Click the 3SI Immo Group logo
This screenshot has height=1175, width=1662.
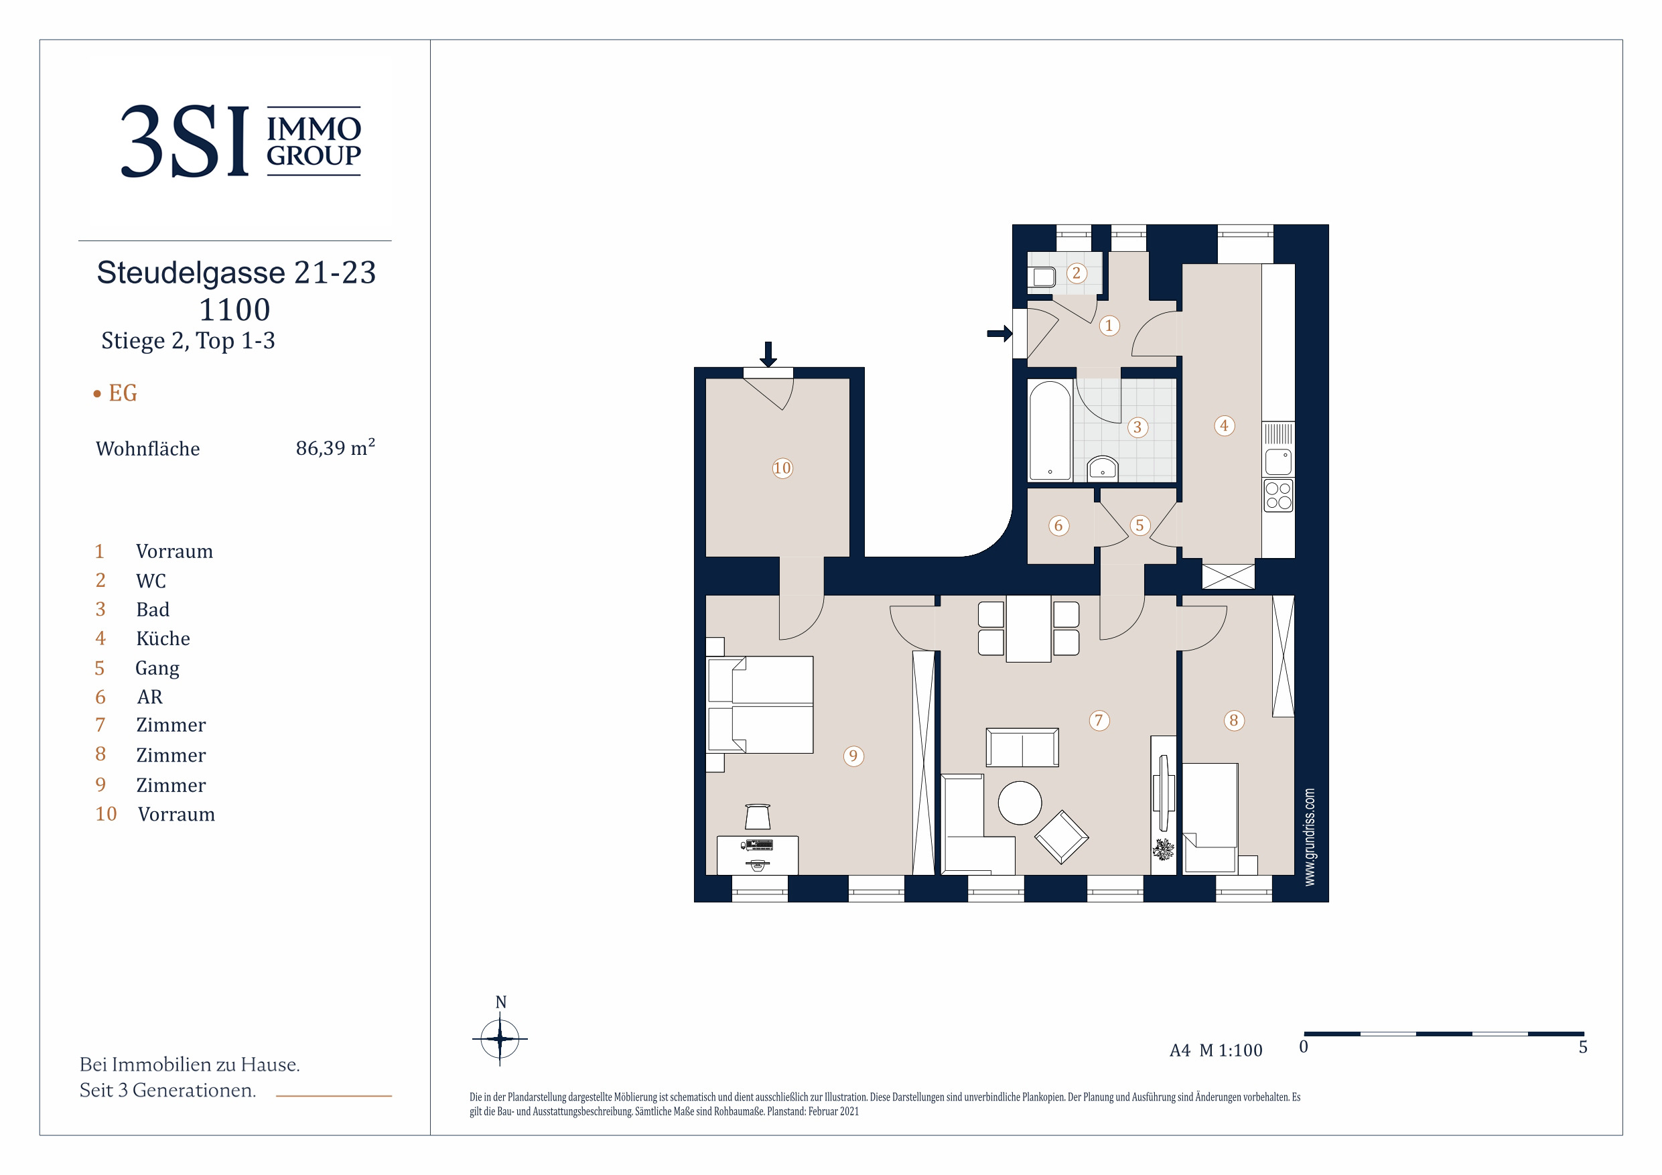coord(240,141)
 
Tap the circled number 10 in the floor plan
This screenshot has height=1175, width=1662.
coord(782,468)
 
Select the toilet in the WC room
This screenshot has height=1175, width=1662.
coord(1042,277)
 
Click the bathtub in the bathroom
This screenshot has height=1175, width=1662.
coord(1050,430)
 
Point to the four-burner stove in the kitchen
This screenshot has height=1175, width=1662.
coord(1278,496)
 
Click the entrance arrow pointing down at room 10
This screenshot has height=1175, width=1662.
coord(768,354)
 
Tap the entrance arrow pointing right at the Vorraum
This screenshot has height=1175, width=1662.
coord(999,333)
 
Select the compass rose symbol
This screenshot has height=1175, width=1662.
coord(500,1039)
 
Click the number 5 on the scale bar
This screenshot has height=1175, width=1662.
coord(1583,1047)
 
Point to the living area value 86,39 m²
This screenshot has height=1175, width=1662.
coord(335,447)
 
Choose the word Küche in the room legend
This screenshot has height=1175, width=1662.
coord(163,638)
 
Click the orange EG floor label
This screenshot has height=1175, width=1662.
coord(123,393)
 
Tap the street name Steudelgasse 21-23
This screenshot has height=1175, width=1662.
coord(236,273)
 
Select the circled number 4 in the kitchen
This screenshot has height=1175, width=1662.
coord(1224,425)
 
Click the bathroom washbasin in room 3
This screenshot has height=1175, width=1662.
coord(1103,468)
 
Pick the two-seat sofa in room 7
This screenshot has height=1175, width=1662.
coord(1022,747)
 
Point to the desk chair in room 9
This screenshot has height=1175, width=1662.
coord(757,816)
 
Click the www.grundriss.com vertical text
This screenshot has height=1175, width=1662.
coord(1310,836)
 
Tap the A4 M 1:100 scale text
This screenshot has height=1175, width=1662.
coord(1215,1050)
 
